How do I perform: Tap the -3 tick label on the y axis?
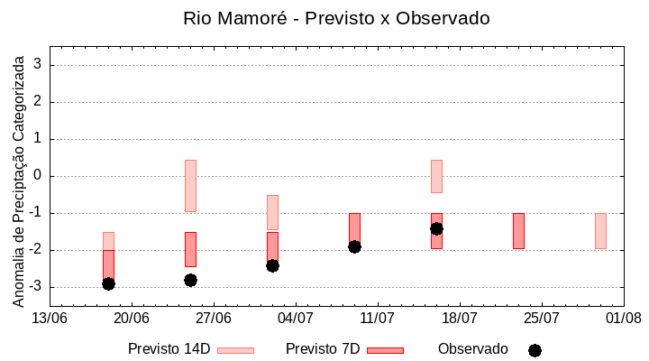click(x=36, y=287)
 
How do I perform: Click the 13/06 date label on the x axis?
click(x=50, y=319)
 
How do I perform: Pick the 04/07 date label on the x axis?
click(x=296, y=319)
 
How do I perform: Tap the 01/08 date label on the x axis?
click(x=623, y=319)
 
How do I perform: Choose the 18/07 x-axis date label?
click(x=459, y=319)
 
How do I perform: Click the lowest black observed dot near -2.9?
click(x=108, y=283)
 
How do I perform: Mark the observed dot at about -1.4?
click(x=436, y=228)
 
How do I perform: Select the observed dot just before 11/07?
click(x=354, y=246)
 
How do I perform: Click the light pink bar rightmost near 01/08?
click(x=600, y=231)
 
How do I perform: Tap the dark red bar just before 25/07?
click(x=518, y=231)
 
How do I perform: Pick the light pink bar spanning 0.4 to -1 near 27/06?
click(x=190, y=186)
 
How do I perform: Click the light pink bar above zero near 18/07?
click(x=436, y=176)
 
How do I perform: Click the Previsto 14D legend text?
click(x=169, y=349)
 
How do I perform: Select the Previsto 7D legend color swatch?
click(x=385, y=350)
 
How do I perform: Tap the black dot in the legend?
click(x=535, y=350)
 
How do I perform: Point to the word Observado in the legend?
click(x=473, y=349)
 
